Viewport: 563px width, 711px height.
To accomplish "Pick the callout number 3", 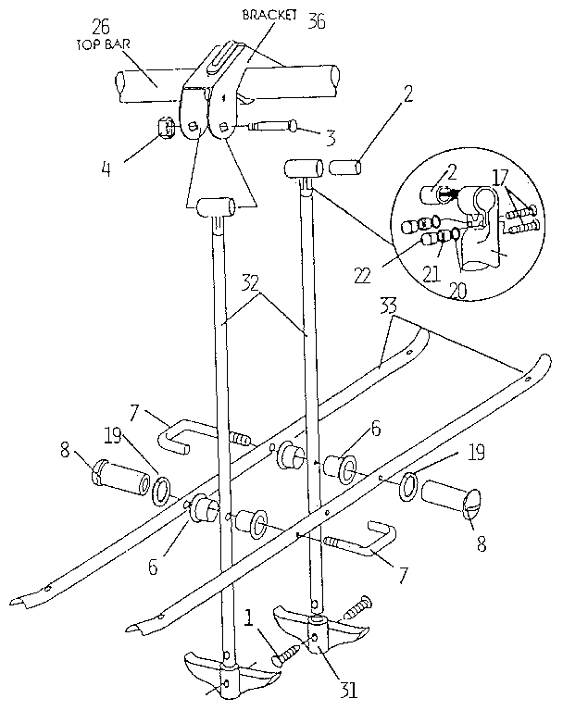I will tap(329, 139).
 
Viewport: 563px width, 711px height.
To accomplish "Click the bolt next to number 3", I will tap(272, 127).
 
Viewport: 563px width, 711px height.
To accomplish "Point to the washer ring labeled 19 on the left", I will tap(162, 489).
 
